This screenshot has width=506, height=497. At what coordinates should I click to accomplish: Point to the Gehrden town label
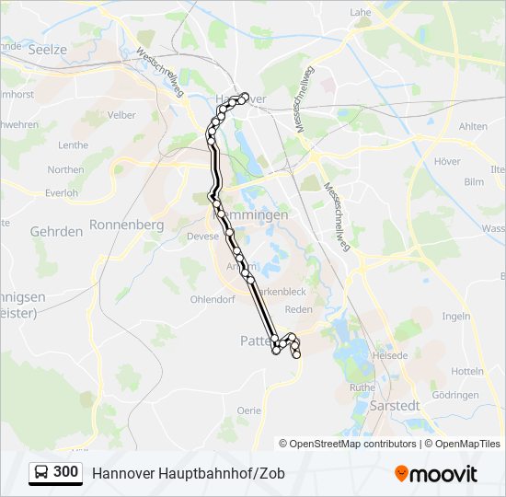pos(56,232)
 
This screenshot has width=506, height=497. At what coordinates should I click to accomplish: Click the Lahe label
pos(360,13)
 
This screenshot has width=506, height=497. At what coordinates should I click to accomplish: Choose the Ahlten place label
pos(472,127)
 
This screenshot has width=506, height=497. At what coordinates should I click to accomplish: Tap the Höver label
pos(446,161)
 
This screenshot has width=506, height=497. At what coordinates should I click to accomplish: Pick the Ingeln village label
pos(455,316)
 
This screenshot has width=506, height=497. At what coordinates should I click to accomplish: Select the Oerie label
pos(248,410)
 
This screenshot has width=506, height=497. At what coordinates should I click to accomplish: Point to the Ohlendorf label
pos(213,299)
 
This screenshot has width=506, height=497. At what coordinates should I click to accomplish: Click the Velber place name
pos(121,115)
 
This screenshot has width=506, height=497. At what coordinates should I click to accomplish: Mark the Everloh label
pos(62,192)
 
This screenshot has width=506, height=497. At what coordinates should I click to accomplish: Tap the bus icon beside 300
pos(41,472)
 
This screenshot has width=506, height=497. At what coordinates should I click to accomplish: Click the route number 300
pos(65,472)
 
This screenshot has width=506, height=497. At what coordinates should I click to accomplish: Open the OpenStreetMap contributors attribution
pos(352,443)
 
